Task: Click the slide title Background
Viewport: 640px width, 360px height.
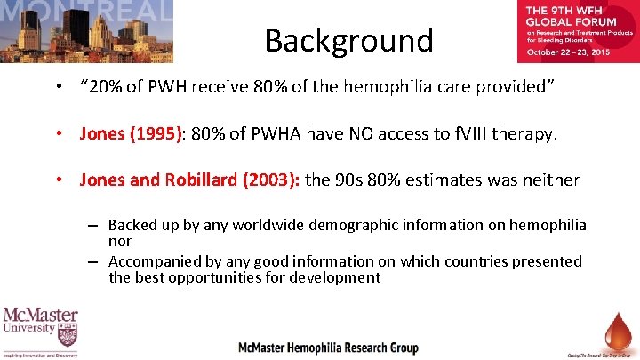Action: click(348, 40)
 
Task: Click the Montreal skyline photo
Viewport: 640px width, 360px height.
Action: click(86, 31)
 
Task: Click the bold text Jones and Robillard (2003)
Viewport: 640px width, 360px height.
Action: click(188, 180)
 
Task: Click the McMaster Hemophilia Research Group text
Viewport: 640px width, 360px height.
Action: click(329, 348)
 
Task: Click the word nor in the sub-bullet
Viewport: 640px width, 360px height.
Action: click(120, 241)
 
